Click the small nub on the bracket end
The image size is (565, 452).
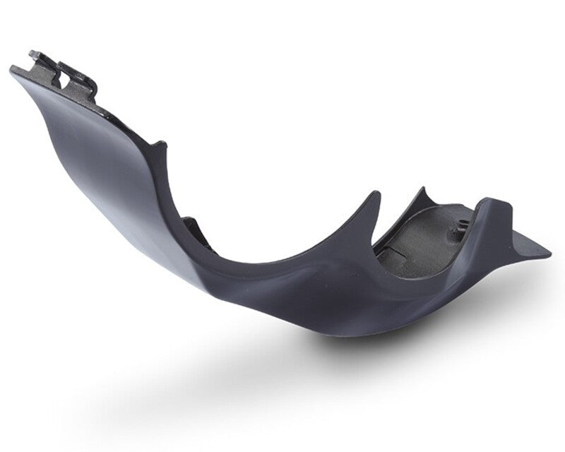[33, 54]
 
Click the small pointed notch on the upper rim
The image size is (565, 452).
[161, 144]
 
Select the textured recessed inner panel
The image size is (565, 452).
[417, 244]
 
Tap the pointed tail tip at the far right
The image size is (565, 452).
[549, 251]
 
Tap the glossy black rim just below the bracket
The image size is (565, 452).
[113, 113]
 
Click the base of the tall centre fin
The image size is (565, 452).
[353, 244]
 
